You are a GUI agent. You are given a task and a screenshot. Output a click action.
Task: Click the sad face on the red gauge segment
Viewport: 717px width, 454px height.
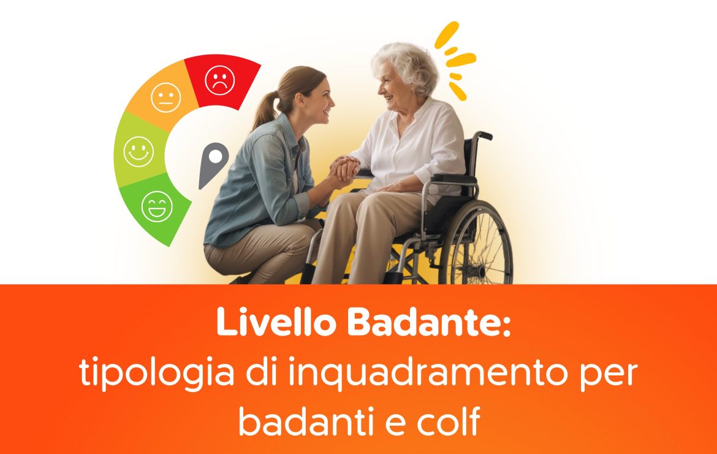pos(219,80)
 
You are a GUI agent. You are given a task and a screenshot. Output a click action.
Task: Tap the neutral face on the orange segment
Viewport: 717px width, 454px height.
pos(166,98)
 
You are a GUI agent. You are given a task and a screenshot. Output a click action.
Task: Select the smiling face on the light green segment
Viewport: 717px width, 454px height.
pos(138,152)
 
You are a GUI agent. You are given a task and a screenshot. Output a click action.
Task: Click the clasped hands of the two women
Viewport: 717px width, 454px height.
pos(343,169)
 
